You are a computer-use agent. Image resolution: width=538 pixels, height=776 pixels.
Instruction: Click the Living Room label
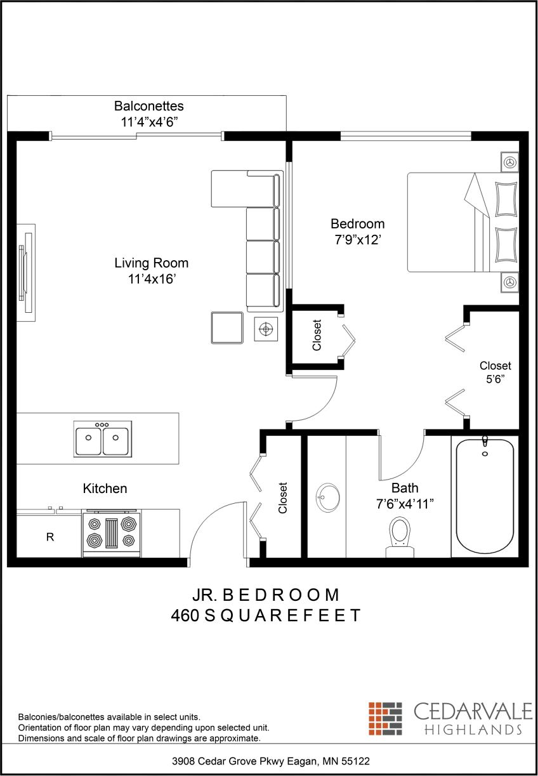151,263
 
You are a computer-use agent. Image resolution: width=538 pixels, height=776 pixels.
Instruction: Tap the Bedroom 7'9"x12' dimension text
357,241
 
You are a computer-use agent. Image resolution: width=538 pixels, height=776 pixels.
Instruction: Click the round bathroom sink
328,496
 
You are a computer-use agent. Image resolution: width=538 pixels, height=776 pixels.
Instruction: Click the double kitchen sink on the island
102,438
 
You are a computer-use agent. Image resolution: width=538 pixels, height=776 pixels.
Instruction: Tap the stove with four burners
111,532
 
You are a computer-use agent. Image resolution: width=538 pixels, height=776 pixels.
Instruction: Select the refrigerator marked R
49,536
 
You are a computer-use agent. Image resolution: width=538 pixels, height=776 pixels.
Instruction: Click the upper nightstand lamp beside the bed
509,162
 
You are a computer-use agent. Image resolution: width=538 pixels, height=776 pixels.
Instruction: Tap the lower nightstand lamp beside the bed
509,282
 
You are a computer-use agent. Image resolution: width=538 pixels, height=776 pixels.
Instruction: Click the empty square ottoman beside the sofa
227,328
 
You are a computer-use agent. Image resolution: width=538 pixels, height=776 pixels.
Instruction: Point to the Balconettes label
148,106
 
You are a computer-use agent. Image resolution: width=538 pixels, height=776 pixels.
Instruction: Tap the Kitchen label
105,489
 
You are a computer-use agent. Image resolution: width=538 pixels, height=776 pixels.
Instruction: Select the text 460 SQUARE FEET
265,615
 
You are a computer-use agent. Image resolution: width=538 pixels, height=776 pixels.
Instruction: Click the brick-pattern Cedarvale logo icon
385,718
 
